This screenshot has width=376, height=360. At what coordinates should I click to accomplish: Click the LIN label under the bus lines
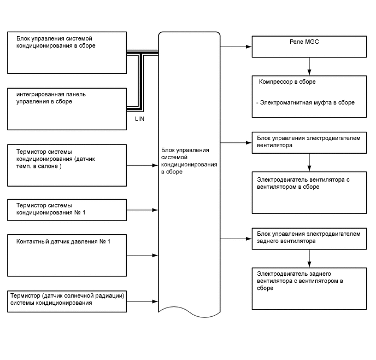139,118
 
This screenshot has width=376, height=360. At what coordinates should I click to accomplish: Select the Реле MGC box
309,47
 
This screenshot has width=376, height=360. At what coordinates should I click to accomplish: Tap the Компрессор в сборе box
309,96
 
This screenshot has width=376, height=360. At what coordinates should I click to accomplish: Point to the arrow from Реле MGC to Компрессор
310,66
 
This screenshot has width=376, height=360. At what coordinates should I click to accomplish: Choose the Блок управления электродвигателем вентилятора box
309,142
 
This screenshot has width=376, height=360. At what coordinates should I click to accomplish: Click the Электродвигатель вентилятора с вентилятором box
309,193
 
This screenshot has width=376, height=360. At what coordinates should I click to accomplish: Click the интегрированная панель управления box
67,108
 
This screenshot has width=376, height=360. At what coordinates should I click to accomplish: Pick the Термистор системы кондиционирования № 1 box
67,209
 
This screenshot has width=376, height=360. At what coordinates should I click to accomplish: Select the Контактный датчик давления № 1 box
67,255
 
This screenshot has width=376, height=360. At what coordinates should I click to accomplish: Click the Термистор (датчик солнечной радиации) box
67,301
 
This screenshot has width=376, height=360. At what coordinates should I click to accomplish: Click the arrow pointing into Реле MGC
236,47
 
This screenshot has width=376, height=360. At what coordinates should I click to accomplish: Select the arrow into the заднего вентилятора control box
236,238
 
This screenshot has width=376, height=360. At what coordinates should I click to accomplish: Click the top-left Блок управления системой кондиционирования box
67,53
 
